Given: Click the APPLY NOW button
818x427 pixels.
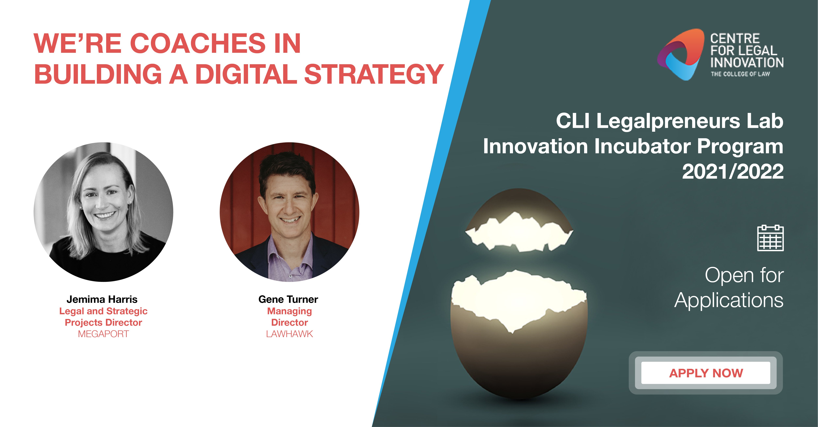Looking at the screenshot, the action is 706,373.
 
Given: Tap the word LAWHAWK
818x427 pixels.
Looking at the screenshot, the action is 289,334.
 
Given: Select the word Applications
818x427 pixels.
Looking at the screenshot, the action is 729,301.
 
